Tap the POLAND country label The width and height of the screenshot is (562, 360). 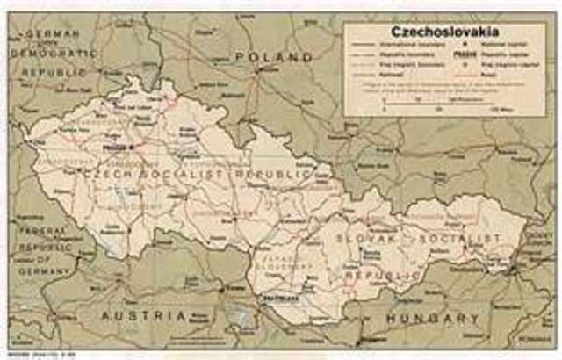point(274,55)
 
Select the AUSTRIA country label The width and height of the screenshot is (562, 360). point(144,315)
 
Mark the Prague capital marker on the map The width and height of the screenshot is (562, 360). point(131,148)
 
